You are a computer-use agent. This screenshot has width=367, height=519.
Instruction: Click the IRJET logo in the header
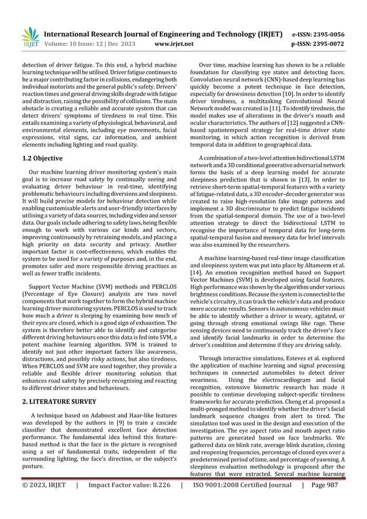[x=29, y=37]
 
